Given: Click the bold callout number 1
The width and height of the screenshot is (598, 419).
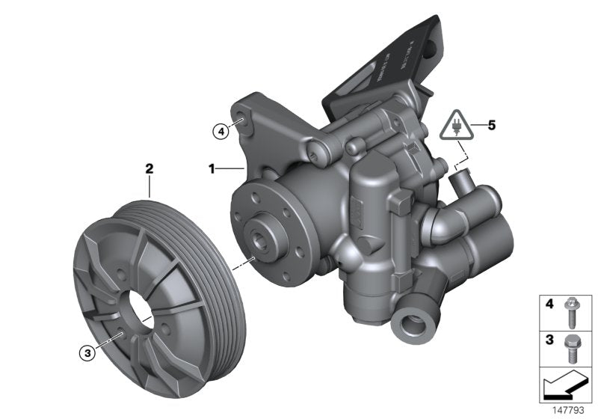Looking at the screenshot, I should tap(212, 170).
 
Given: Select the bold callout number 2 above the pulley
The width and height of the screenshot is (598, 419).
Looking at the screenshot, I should tap(149, 170).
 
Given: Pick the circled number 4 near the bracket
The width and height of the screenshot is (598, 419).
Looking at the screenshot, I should tap(220, 132).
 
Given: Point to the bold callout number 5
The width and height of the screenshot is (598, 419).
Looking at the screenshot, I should tap(491, 126).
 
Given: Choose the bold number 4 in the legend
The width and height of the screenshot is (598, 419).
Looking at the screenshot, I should tap(549, 305).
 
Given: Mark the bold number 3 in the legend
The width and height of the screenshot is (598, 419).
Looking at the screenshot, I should tap(549, 338).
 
